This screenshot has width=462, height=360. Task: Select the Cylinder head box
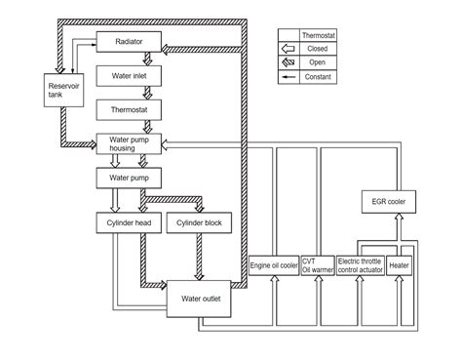(124, 222)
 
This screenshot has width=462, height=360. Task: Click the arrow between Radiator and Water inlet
(145, 60)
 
